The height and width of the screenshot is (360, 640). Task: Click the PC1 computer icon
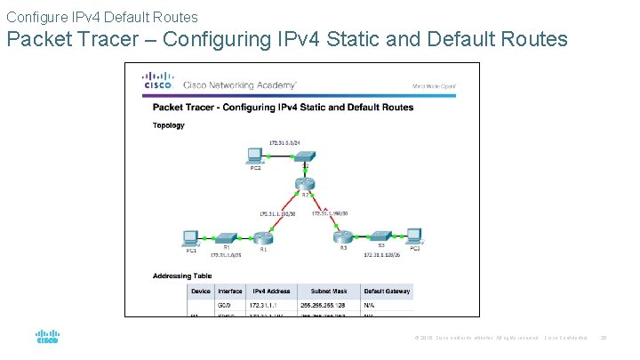tap(190, 237)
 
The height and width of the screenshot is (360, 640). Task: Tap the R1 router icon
tap(262, 237)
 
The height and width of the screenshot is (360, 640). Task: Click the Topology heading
tap(169, 125)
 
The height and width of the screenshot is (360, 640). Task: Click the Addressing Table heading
tap(182, 276)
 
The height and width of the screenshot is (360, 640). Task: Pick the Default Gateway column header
tap(387, 291)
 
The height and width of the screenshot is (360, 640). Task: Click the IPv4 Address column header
tap(271, 291)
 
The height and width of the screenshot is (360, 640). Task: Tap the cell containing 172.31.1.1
tap(270, 304)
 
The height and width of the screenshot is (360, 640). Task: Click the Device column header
tap(201, 291)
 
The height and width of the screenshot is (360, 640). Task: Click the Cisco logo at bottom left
tap(47, 338)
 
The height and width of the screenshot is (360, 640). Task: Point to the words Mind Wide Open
tap(434, 86)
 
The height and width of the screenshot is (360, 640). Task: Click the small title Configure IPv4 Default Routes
tap(102, 16)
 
